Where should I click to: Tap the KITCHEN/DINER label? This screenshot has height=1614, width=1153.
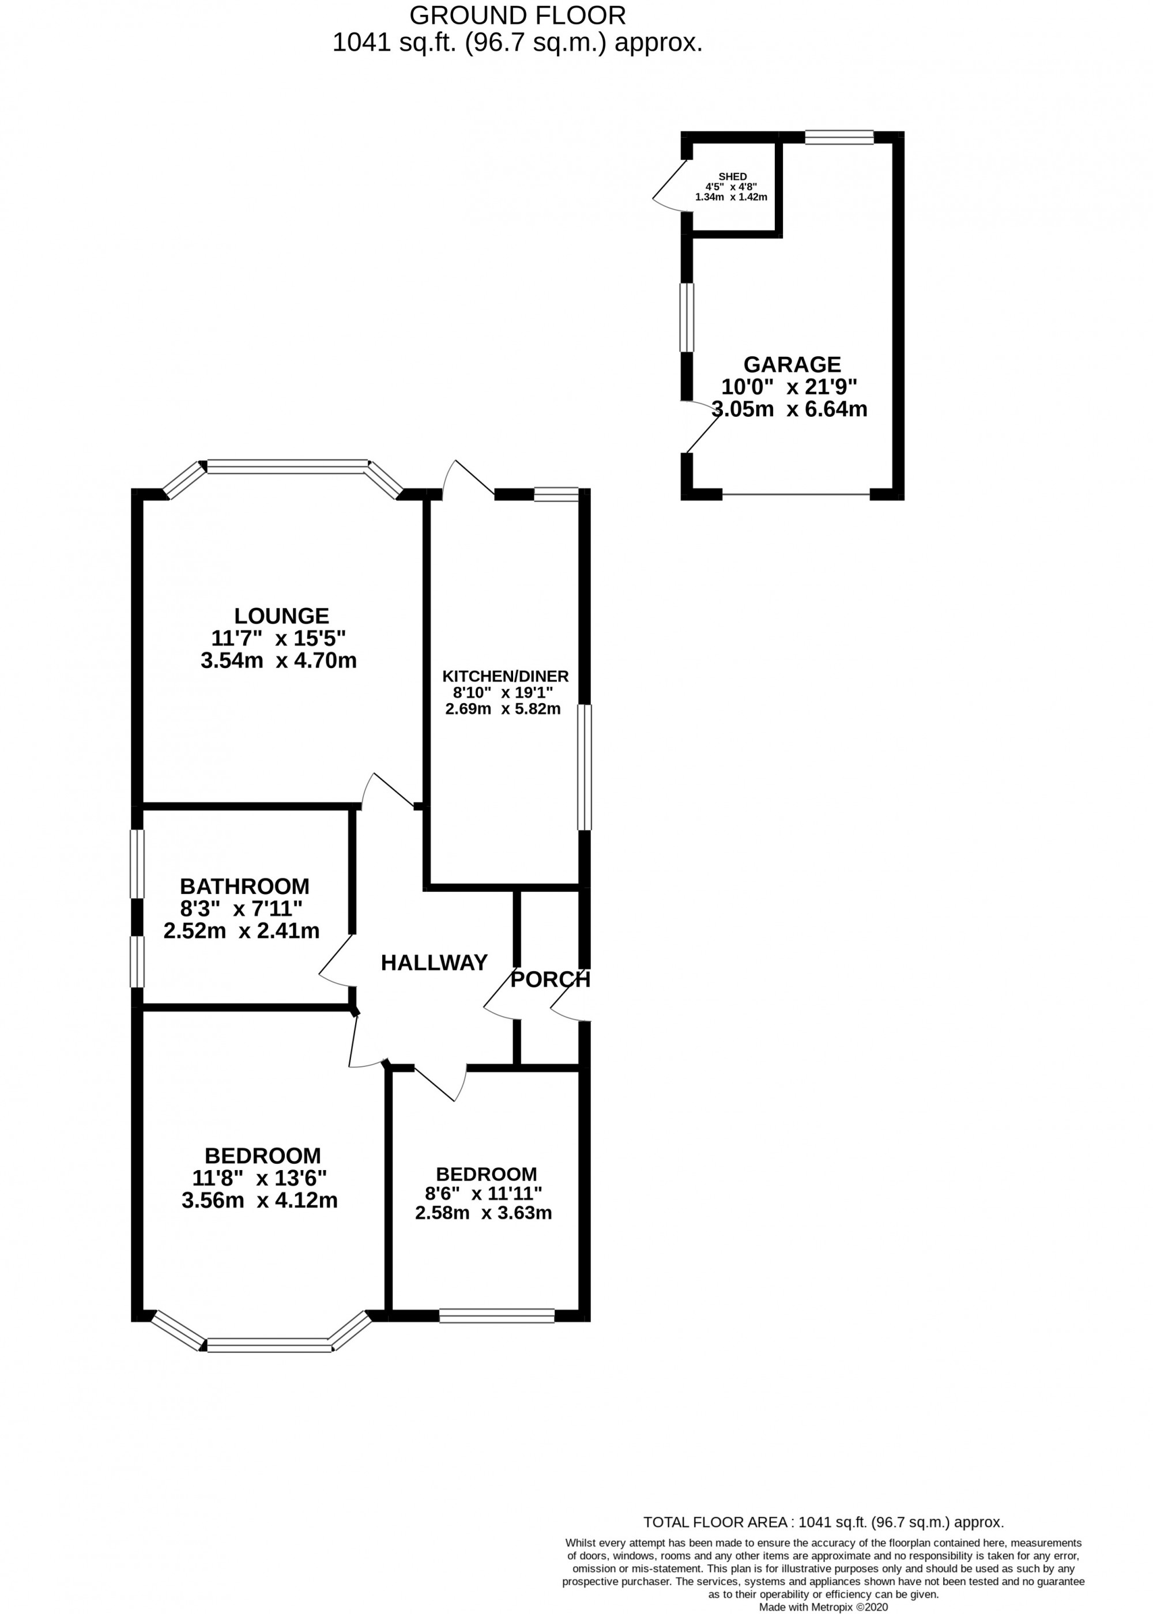[x=506, y=676]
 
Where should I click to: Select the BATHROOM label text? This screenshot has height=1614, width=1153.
[x=244, y=887]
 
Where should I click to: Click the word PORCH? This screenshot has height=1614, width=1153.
[x=550, y=979]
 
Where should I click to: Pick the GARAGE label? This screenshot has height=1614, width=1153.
[x=792, y=364]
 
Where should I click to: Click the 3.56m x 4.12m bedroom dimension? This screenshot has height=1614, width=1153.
[x=259, y=1200]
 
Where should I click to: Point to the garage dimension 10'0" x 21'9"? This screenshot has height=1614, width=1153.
[x=789, y=387]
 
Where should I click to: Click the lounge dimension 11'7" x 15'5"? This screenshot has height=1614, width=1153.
[x=278, y=638]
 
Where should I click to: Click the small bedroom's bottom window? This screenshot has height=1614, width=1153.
[x=496, y=1316]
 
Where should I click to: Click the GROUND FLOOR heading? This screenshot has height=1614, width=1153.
[x=518, y=15]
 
